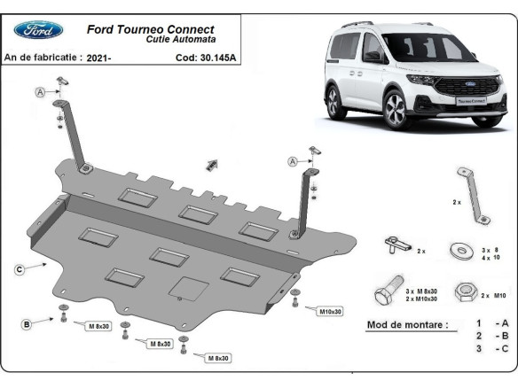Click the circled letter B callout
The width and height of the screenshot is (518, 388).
(x=27, y=325)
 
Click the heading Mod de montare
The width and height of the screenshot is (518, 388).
(x=407, y=325)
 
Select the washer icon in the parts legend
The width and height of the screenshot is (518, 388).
(x=460, y=250)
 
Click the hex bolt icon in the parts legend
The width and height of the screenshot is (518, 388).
(x=391, y=291)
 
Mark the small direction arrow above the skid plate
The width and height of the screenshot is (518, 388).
(x=211, y=165)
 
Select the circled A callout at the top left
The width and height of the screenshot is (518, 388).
(x=40, y=92)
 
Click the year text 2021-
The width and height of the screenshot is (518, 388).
(x=98, y=58)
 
